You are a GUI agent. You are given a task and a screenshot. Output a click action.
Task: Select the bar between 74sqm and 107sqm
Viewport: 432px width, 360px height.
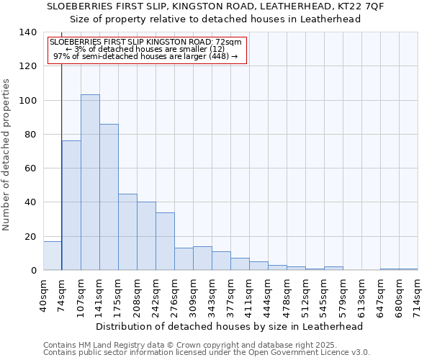71,205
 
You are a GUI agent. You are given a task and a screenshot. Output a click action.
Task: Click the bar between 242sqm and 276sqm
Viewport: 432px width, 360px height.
165,241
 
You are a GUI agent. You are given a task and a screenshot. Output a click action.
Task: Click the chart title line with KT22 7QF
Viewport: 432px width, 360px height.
215,6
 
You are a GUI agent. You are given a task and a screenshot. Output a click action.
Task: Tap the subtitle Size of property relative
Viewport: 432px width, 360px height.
215,19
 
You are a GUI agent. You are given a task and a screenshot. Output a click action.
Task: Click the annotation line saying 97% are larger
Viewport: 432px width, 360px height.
145,57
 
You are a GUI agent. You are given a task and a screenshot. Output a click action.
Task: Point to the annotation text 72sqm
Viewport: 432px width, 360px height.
145,42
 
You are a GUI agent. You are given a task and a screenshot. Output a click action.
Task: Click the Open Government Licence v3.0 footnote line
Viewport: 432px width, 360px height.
207,353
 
